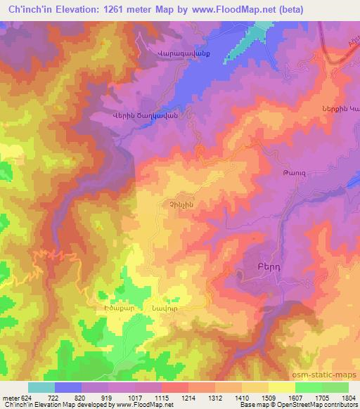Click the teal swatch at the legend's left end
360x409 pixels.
41,387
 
